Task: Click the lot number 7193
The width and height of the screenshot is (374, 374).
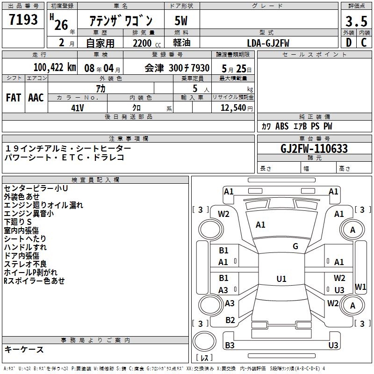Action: [x=23, y=20]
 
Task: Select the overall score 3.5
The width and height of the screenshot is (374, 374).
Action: [x=356, y=21]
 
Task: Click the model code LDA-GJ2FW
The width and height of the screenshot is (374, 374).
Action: [x=268, y=43]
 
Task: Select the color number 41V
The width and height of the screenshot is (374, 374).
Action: [x=78, y=107]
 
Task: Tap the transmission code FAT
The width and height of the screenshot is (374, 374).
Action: [x=14, y=98]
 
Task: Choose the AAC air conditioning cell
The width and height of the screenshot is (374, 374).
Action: [x=36, y=98]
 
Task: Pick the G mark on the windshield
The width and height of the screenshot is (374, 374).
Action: [x=295, y=246]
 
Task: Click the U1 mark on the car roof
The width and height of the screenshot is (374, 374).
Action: [x=281, y=279]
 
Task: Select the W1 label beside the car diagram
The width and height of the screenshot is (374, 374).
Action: [x=361, y=287]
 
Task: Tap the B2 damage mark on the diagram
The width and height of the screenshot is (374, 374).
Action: [x=230, y=320]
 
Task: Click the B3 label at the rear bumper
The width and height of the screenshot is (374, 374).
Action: [x=230, y=345]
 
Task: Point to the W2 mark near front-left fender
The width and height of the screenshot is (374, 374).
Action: [x=224, y=214]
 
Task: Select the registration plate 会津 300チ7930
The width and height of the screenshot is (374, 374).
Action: [x=177, y=68]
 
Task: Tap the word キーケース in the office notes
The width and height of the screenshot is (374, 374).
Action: [x=24, y=350]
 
